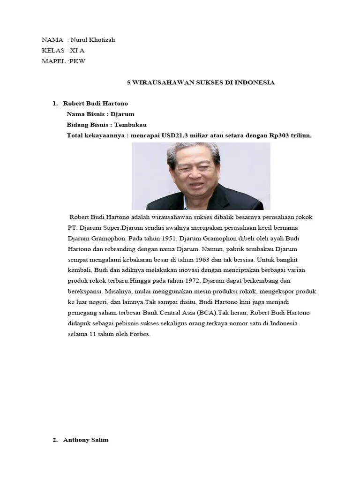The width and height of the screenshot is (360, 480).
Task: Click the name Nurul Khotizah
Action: pyautogui.click(x=93, y=40)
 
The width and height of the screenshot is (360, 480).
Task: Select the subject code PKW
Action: pyautogui.click(x=78, y=61)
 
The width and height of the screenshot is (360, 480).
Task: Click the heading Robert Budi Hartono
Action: pyautogui.click(x=95, y=103)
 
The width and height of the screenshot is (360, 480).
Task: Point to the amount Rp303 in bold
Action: pyautogui.click(x=280, y=135)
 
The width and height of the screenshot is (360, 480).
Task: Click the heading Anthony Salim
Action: pyautogui.click(x=86, y=440)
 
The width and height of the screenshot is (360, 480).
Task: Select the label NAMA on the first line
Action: pyautogui.click(x=52, y=40)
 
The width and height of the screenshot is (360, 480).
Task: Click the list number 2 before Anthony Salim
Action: pyautogui.click(x=55, y=440)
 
